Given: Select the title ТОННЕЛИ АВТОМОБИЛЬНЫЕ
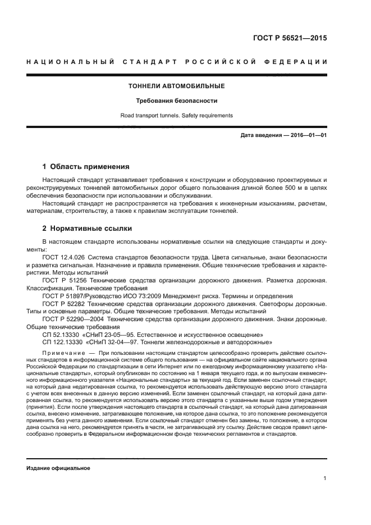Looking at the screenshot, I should (177, 86).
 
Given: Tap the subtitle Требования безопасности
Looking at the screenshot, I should (177, 101).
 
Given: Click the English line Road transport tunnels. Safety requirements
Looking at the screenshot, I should (177, 116).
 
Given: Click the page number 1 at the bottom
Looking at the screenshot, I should (325, 478).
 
